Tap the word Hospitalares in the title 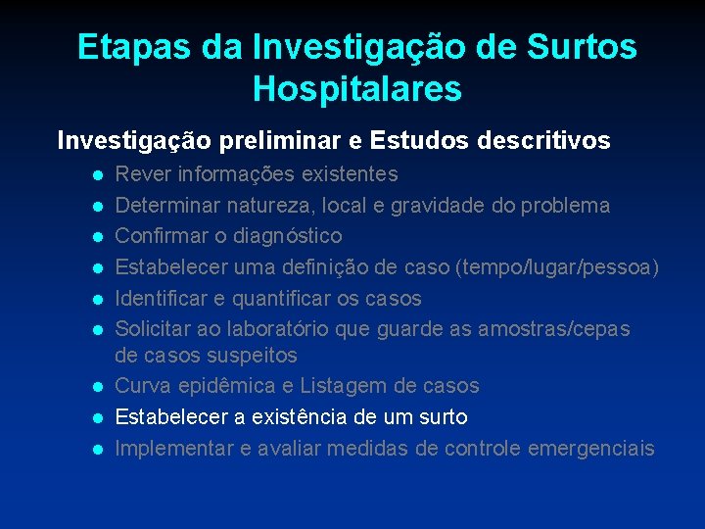point(356,89)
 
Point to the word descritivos point(543,141)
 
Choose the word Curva point(144,386)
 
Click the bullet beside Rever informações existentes point(97,175)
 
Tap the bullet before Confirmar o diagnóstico point(97,237)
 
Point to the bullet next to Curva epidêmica point(97,387)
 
